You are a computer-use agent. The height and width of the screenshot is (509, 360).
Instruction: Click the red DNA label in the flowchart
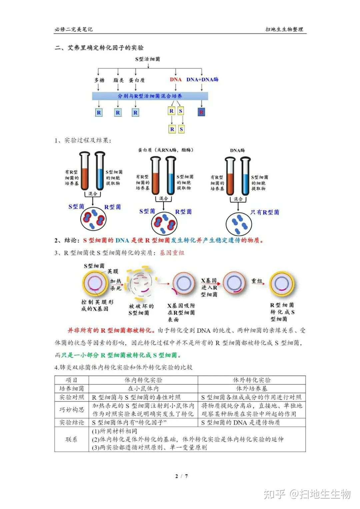tap(176, 80)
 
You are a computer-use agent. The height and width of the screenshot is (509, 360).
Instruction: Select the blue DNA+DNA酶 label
tap(202, 80)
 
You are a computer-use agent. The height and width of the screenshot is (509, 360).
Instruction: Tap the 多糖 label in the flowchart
tap(99, 80)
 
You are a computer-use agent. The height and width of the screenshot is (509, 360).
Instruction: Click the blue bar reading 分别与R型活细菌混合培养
tap(150, 96)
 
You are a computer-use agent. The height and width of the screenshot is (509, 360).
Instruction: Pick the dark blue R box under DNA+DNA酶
tap(201, 112)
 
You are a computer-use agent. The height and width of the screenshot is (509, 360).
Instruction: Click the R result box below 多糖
tap(99, 112)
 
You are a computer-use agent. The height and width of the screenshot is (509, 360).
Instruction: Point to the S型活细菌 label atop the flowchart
tap(148, 59)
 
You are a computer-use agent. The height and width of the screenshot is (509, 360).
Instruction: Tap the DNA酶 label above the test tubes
tap(237, 150)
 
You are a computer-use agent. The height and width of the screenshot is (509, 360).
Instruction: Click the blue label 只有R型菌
tap(265, 212)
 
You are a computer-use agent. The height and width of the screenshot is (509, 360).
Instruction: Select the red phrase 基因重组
tap(172, 253)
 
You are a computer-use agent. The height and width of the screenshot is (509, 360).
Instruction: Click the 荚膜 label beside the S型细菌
tap(113, 271)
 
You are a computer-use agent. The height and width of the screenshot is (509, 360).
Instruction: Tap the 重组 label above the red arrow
tap(257, 281)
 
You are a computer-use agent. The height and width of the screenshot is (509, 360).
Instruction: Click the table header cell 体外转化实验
tap(252, 380)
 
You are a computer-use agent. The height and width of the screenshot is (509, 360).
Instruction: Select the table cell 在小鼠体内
tap(143, 388)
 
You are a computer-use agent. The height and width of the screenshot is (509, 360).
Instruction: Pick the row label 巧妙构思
tap(72, 409)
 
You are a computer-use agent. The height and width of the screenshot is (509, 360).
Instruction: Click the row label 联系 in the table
tap(72, 439)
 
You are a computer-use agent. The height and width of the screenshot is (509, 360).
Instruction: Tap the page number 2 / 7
tap(182, 476)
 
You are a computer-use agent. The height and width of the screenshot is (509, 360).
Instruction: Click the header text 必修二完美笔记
tap(74, 29)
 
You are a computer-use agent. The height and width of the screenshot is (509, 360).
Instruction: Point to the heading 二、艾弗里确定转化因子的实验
tap(99, 48)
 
